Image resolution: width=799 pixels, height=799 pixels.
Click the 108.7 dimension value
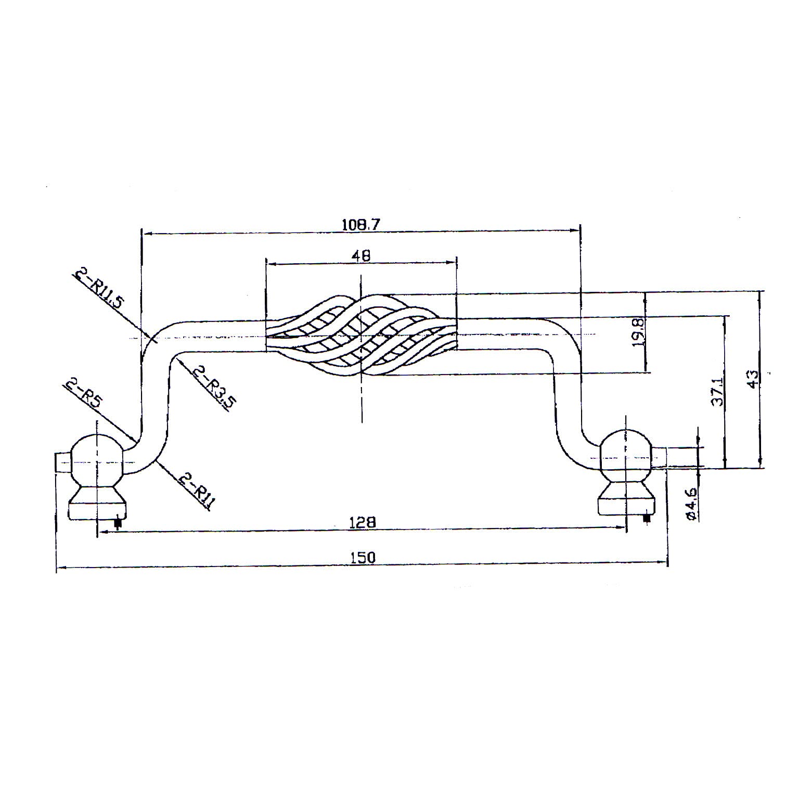tap(362, 225)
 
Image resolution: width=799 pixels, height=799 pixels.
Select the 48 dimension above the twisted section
tap(362, 255)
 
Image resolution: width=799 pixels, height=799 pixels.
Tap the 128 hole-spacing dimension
tap(363, 521)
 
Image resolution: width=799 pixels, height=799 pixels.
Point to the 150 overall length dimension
tap(363, 557)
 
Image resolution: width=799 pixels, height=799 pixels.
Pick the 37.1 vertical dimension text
tap(717, 392)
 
